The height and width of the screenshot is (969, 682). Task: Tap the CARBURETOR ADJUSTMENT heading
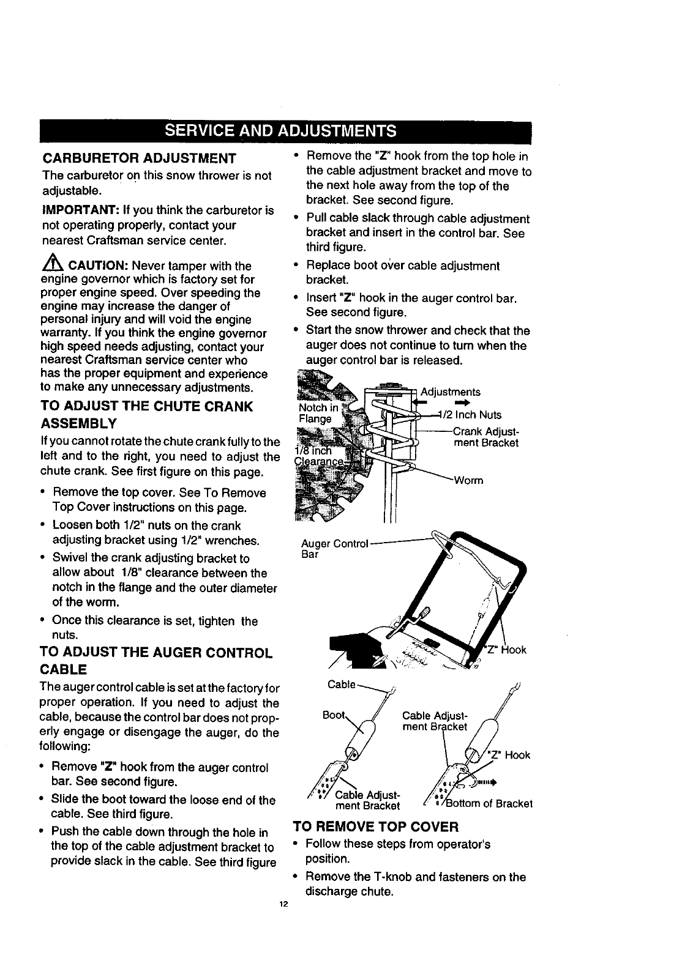[x=139, y=158]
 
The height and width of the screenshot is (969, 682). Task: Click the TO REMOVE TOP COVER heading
[x=376, y=827]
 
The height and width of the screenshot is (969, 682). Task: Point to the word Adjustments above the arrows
[x=451, y=392]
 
